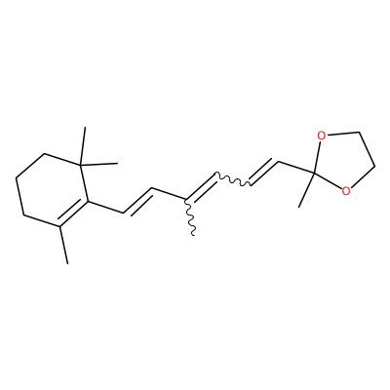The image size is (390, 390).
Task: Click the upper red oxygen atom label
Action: (322, 136)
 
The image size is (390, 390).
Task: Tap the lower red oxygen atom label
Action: (346, 191)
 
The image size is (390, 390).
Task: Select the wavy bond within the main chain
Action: (233, 179)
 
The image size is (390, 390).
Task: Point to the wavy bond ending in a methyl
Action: (190, 216)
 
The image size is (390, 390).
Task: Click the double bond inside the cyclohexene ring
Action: (73, 212)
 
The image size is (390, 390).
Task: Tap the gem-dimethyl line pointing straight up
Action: (83, 145)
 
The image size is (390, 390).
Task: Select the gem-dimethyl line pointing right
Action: (99, 164)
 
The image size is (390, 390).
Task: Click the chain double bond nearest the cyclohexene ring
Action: (138, 202)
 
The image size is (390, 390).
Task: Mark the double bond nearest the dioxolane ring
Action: (265, 173)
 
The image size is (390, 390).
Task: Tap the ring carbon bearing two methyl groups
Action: (81, 164)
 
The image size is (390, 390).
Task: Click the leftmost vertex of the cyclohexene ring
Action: (17, 177)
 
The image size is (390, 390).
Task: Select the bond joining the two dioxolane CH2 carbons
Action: (367, 150)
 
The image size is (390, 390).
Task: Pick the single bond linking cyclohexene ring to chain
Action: (106, 208)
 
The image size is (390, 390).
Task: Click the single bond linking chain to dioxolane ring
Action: (296, 167)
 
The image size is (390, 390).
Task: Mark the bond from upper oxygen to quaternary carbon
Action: (318, 157)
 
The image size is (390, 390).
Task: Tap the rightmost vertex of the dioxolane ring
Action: (375, 168)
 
